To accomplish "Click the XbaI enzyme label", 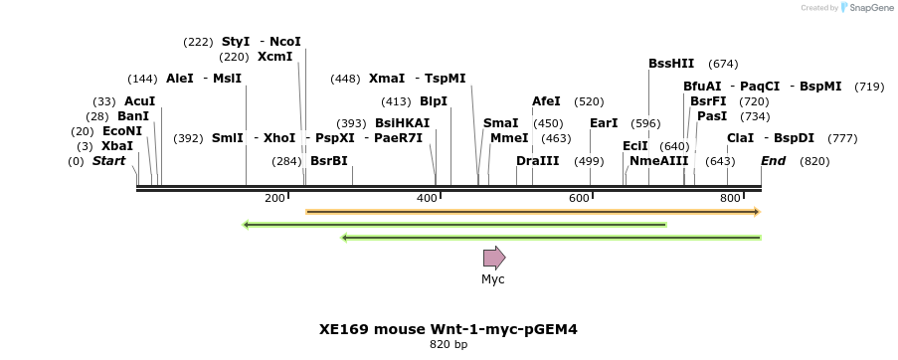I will tap(116, 146).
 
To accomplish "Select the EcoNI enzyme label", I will tap(121, 131).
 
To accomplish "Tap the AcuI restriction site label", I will tap(139, 101).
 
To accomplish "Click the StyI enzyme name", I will tap(236, 42).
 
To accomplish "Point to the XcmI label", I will tap(274, 57).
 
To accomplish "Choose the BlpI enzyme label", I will tap(433, 101).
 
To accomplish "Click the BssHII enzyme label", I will tap(671, 64).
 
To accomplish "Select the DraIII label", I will tap(537, 161).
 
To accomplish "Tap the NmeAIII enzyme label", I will tap(658, 161).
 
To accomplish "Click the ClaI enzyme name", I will tap(740, 138).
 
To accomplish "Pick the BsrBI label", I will tap(328, 161).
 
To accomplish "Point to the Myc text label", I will tap(493, 279).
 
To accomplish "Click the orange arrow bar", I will tap(532, 212).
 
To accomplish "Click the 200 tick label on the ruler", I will tap(274, 199).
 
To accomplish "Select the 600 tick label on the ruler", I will tap(579, 199).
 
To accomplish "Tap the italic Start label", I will tap(108, 161).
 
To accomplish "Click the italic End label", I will tap(773, 161).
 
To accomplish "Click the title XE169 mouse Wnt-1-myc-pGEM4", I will tap(448, 328).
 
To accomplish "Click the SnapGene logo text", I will tap(870, 8).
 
